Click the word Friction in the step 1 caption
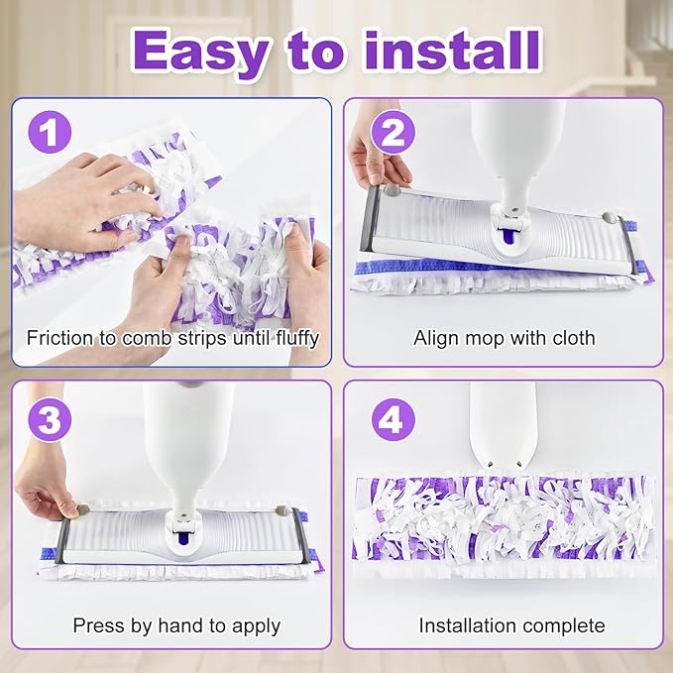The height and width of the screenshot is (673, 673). tap(60, 338)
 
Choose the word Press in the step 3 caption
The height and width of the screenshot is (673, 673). tap(97, 625)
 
